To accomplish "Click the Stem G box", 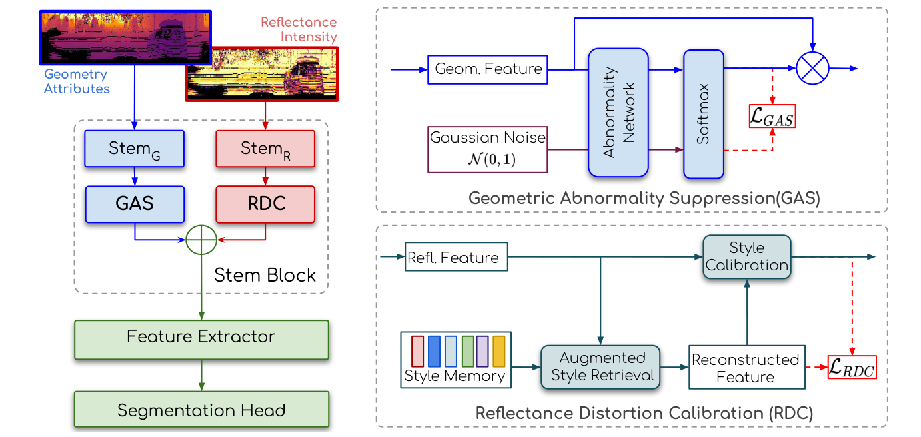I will (x=135, y=148).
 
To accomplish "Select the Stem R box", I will (x=265, y=148).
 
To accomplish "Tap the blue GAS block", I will (x=135, y=203).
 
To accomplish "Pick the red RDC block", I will (x=265, y=203).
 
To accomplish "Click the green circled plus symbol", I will (x=201, y=238).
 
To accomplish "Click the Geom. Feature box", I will (x=488, y=69).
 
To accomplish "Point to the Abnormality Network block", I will (x=618, y=112).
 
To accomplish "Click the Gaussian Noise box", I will (x=488, y=149).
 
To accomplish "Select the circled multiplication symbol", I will (x=812, y=69).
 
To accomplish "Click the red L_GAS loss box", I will (x=772, y=117).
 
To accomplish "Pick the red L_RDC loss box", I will (x=852, y=367).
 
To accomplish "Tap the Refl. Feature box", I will (x=456, y=257).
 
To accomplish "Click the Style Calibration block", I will (x=746, y=257).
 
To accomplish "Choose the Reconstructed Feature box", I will (x=746, y=368).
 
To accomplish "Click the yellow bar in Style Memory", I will (x=499, y=351).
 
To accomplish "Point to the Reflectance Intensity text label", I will (x=299, y=29).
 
